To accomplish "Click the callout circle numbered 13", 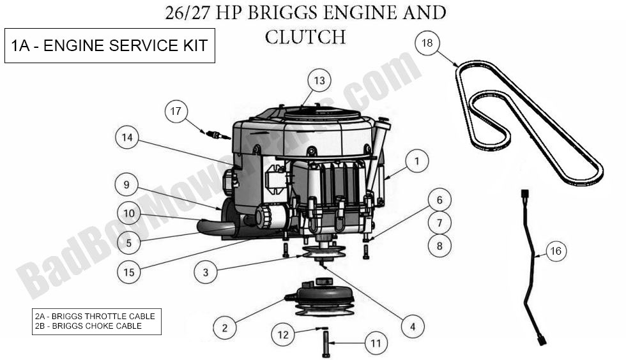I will pos(319,81).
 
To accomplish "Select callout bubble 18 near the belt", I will pos(427,43).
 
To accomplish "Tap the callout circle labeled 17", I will pos(176,112).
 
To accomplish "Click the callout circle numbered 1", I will pos(416,162).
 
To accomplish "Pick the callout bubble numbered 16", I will pos(555,251).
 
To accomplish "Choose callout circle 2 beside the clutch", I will pos(224,329).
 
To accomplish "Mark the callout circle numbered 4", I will pos(413,327).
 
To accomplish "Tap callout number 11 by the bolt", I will pos(376,343).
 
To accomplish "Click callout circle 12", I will pos(282,333).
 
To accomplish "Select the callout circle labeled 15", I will pos(129,272).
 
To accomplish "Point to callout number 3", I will pos(205,273).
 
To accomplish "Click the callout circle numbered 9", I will pos(126,185).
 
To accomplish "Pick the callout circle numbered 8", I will pos(439,245).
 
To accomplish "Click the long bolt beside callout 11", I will pos(326,343).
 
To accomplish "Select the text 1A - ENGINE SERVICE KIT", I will pos(109,46).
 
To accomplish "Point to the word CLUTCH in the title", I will pos(305,37).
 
